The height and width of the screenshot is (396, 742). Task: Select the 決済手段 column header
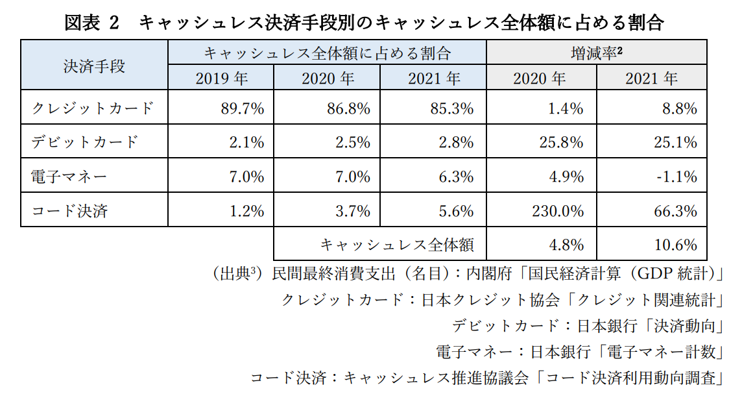point(94,66)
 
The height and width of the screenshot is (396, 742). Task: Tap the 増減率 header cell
point(596,53)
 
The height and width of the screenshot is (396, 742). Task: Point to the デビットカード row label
point(85,142)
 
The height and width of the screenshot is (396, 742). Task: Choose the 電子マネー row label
point(69,176)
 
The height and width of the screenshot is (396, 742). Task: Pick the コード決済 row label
point(69,210)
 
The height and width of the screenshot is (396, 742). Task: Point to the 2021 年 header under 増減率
point(651,79)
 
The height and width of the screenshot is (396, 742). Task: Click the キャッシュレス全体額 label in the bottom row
point(397,245)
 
